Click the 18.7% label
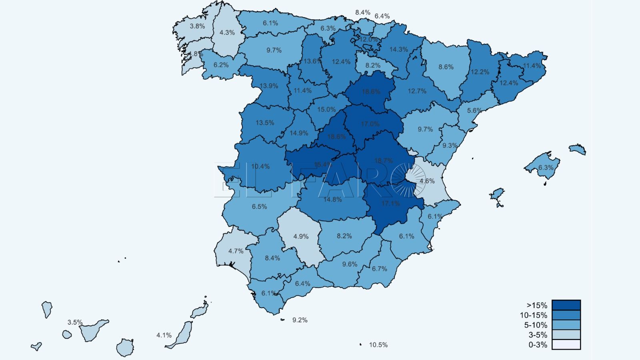point(383,160)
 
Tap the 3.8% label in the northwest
point(197,26)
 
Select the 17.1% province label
point(390,204)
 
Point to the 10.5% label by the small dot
point(378,345)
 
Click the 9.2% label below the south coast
point(300,320)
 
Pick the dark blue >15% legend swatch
point(566,305)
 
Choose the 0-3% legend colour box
point(566,344)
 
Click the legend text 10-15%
point(533,315)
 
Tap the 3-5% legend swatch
point(566,335)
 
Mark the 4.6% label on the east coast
point(427,181)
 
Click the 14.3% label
point(398,50)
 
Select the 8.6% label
point(446,67)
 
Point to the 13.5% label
point(265,123)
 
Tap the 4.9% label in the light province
point(301,236)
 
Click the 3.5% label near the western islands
point(75,322)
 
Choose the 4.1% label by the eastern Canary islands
point(164,335)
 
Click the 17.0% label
point(370,124)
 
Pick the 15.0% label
point(326,109)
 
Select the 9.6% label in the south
point(350,264)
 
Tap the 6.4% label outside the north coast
point(382,16)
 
